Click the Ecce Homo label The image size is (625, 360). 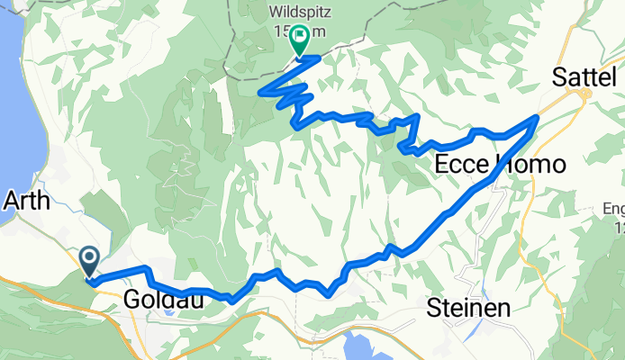coord(500,165)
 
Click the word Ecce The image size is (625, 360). coord(464,165)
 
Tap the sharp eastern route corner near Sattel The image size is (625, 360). coord(538,117)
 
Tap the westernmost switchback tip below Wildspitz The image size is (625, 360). coord(261,92)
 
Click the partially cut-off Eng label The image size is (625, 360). coord(614,209)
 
